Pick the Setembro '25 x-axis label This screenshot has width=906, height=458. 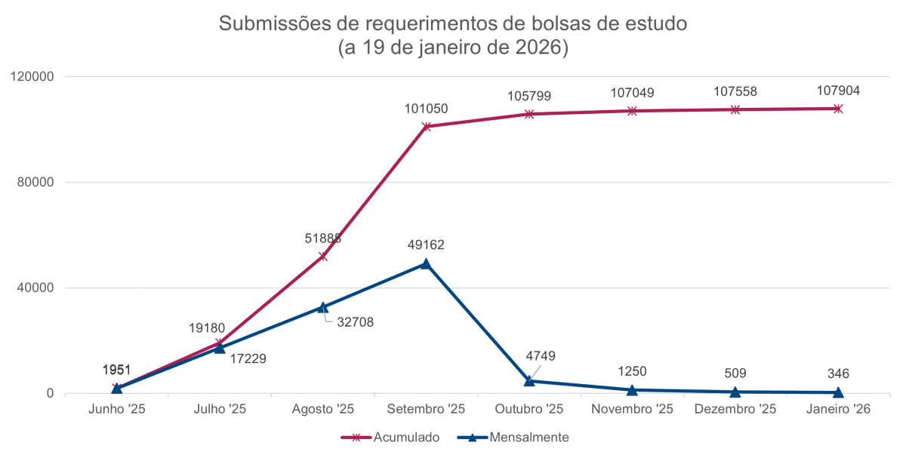[x=426, y=409]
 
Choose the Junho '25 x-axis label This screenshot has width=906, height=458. [x=116, y=409]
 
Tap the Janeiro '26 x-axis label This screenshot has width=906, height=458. [x=838, y=409]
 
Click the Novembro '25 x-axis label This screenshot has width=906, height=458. [x=632, y=409]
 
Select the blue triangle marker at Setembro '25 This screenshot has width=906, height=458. [x=426, y=263]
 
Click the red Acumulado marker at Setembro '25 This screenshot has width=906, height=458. [x=426, y=127]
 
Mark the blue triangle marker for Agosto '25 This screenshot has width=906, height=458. [x=323, y=307]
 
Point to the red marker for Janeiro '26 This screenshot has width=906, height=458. [x=838, y=109]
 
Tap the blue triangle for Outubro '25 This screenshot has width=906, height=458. [x=529, y=381]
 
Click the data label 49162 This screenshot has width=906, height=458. [x=426, y=245]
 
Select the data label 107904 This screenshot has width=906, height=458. [x=838, y=91]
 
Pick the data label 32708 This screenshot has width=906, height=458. [x=354, y=322]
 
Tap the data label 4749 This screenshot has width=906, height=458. [x=541, y=356]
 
